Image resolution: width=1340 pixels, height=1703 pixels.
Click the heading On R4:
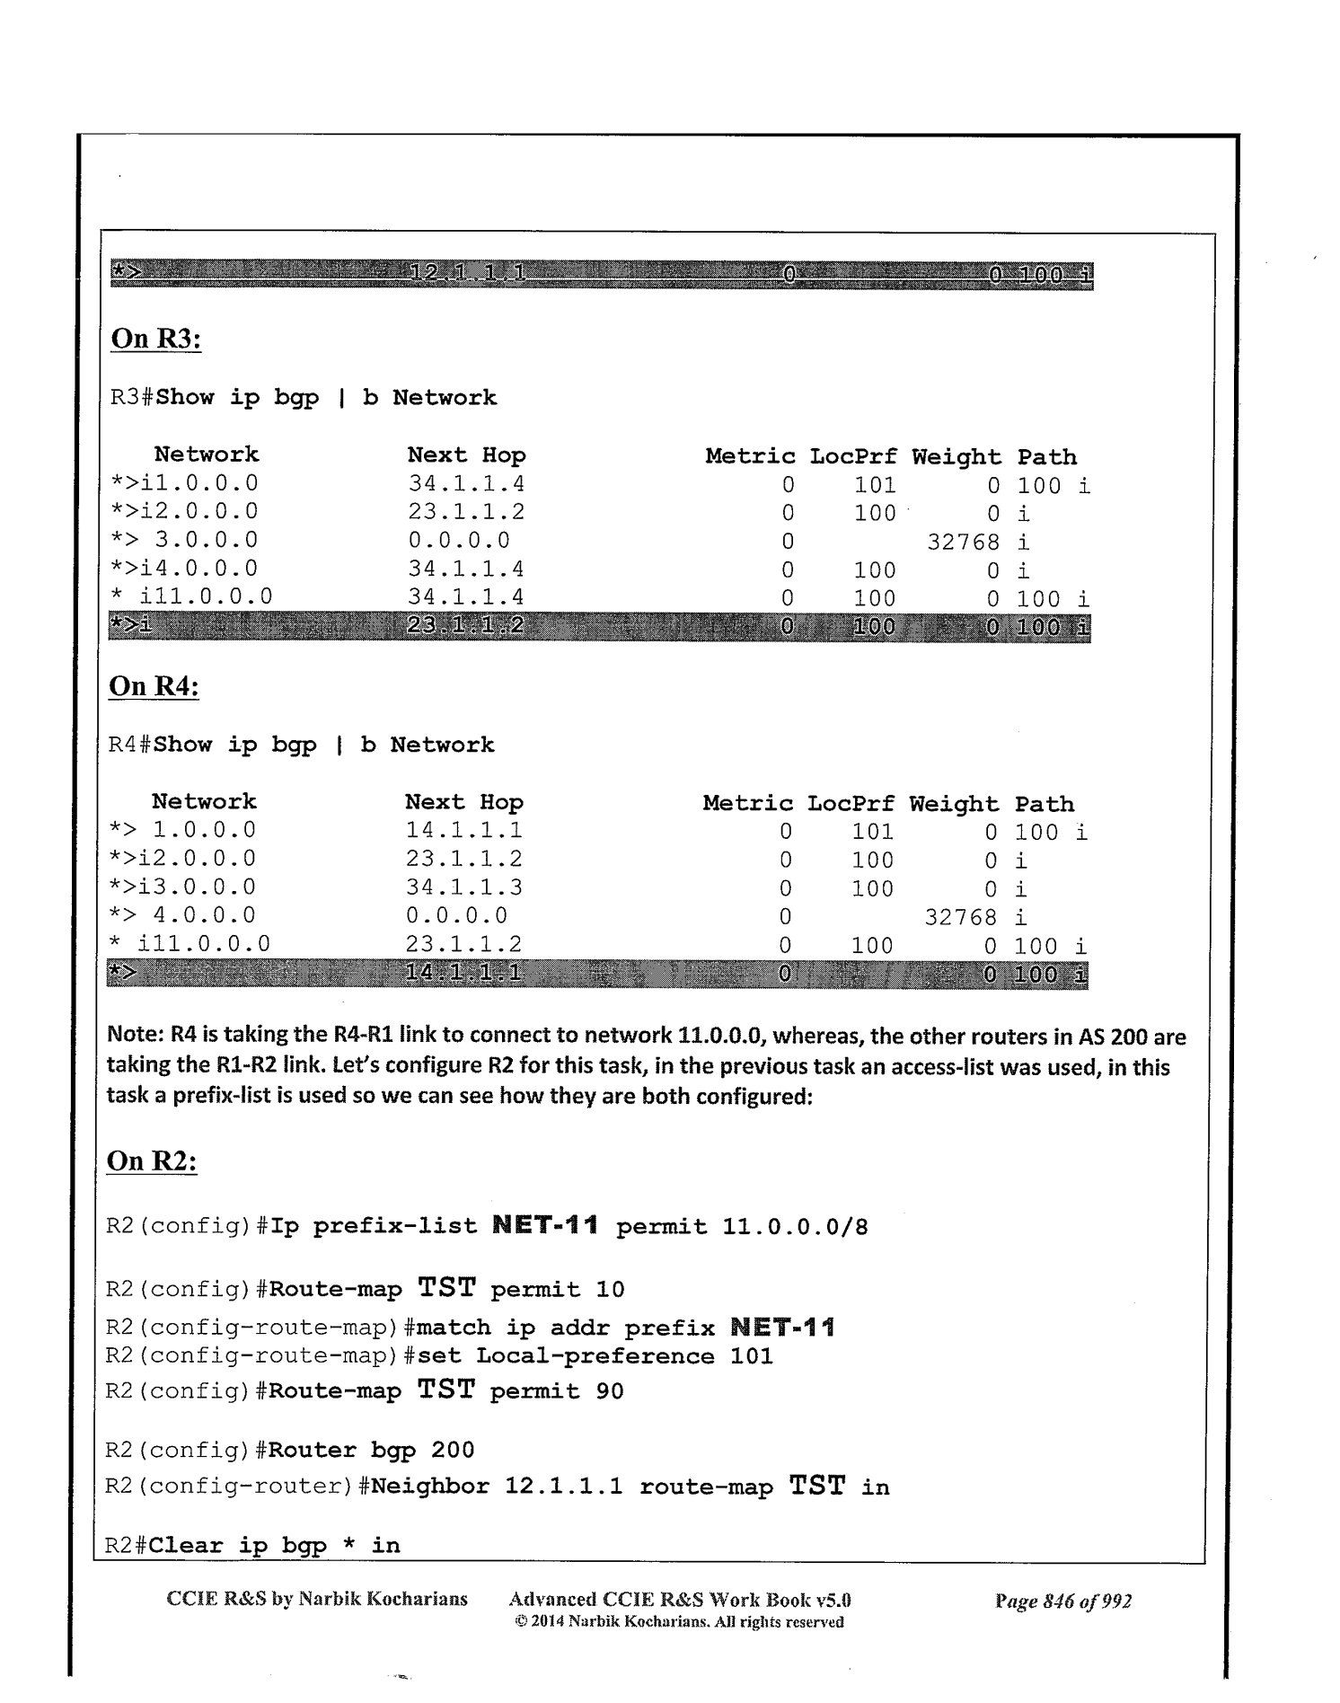pyautogui.click(x=154, y=686)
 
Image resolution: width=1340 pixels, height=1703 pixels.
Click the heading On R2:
pyautogui.click(x=152, y=1160)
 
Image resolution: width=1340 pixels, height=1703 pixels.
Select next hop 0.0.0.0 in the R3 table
pyautogui.click(x=459, y=541)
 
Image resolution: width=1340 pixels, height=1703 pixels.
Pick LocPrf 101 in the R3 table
pyautogui.click(x=875, y=486)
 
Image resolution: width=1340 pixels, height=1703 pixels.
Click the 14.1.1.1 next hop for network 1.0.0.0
pyautogui.click(x=463, y=831)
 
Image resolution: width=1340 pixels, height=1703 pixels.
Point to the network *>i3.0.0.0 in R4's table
pyautogui.click(x=182, y=887)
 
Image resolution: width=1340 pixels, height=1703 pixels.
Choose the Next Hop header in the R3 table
pyautogui.click(x=466, y=456)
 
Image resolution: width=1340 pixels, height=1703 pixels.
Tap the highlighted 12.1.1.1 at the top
pyautogui.click(x=467, y=273)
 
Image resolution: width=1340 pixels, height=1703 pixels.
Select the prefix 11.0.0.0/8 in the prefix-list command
pyautogui.click(x=795, y=1227)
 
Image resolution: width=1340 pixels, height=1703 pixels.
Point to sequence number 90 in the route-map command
pyautogui.click(x=609, y=1391)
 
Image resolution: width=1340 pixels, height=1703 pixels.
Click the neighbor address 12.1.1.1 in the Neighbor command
pyautogui.click(x=563, y=1487)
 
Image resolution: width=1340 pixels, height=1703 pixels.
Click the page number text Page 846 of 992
pyautogui.click(x=1062, y=1601)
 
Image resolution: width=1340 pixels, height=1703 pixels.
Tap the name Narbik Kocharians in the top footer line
pyautogui.click(x=383, y=1599)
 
